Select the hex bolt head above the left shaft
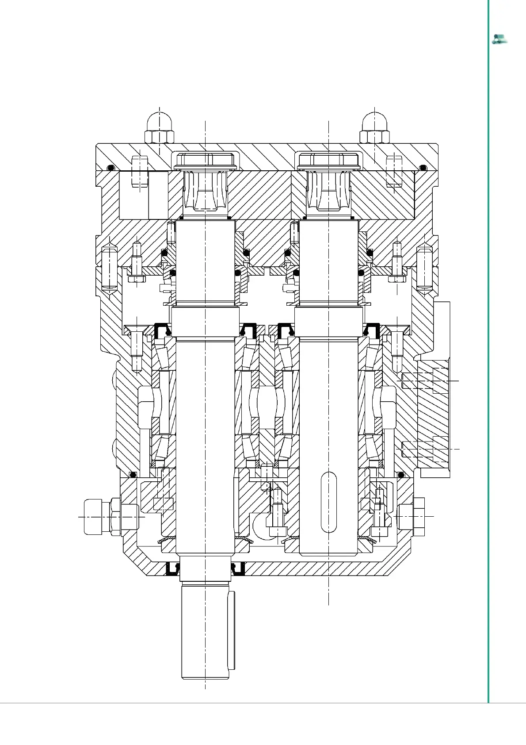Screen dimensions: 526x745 click(206, 160)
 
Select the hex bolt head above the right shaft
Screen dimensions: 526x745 click(329, 160)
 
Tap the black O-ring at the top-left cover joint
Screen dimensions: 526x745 click(111, 168)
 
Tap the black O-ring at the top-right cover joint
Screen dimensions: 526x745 click(423, 168)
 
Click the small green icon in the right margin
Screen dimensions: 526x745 click(499, 39)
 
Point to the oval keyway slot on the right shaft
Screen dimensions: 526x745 click(329, 502)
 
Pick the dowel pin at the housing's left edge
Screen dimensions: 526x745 click(109, 268)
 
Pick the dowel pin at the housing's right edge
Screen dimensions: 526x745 click(424, 268)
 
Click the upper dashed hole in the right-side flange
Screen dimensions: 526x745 click(425, 380)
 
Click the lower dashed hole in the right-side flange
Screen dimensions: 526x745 click(425, 449)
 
